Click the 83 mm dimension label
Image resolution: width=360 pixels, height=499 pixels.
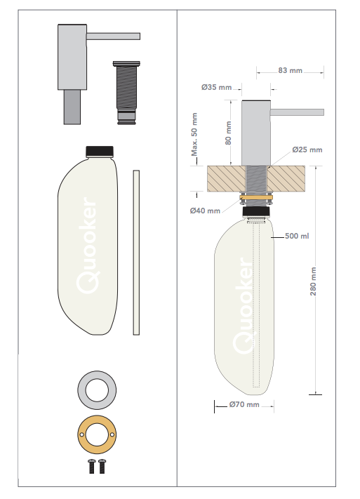tap(290, 70)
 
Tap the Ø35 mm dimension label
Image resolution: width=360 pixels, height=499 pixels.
tap(216, 87)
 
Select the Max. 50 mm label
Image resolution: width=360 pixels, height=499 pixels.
tap(194, 134)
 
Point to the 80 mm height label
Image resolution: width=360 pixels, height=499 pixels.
tap(228, 133)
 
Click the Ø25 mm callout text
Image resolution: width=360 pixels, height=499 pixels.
tap(307, 149)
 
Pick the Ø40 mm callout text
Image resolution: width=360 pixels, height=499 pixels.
tap(205, 211)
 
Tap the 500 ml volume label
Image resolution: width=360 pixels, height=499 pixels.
tap(297, 236)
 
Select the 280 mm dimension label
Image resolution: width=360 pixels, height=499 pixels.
tap(313, 281)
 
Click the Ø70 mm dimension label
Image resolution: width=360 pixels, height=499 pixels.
tap(244, 404)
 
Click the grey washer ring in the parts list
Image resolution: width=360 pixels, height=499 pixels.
tap(97, 378)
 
